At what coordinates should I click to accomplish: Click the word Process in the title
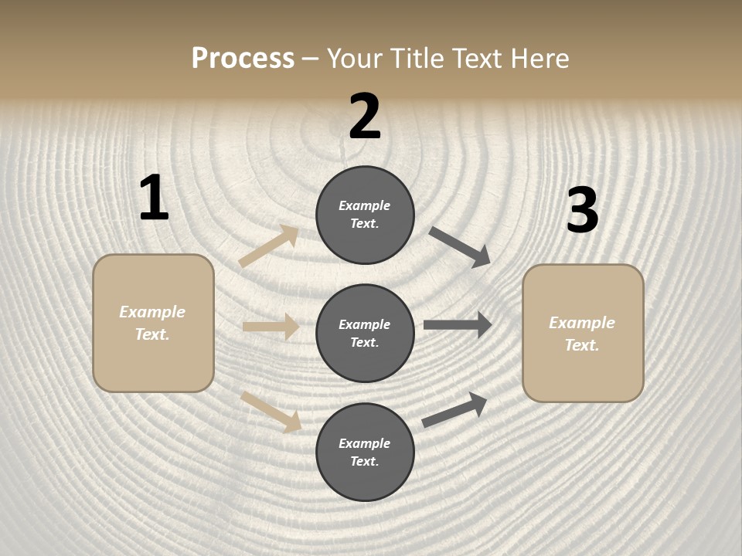(243, 58)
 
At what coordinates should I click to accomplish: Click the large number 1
(154, 198)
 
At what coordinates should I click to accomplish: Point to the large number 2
(365, 117)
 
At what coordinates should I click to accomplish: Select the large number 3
(582, 210)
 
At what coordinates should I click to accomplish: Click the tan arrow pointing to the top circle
(269, 246)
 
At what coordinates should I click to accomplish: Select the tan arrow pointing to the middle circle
(271, 327)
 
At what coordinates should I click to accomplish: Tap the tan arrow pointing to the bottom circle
(271, 412)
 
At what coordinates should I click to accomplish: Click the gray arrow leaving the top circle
(460, 246)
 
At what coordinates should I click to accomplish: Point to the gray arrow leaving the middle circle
(458, 325)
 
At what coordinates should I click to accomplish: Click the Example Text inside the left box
(153, 323)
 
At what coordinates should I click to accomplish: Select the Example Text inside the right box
(583, 334)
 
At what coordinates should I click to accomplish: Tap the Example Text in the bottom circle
(365, 453)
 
